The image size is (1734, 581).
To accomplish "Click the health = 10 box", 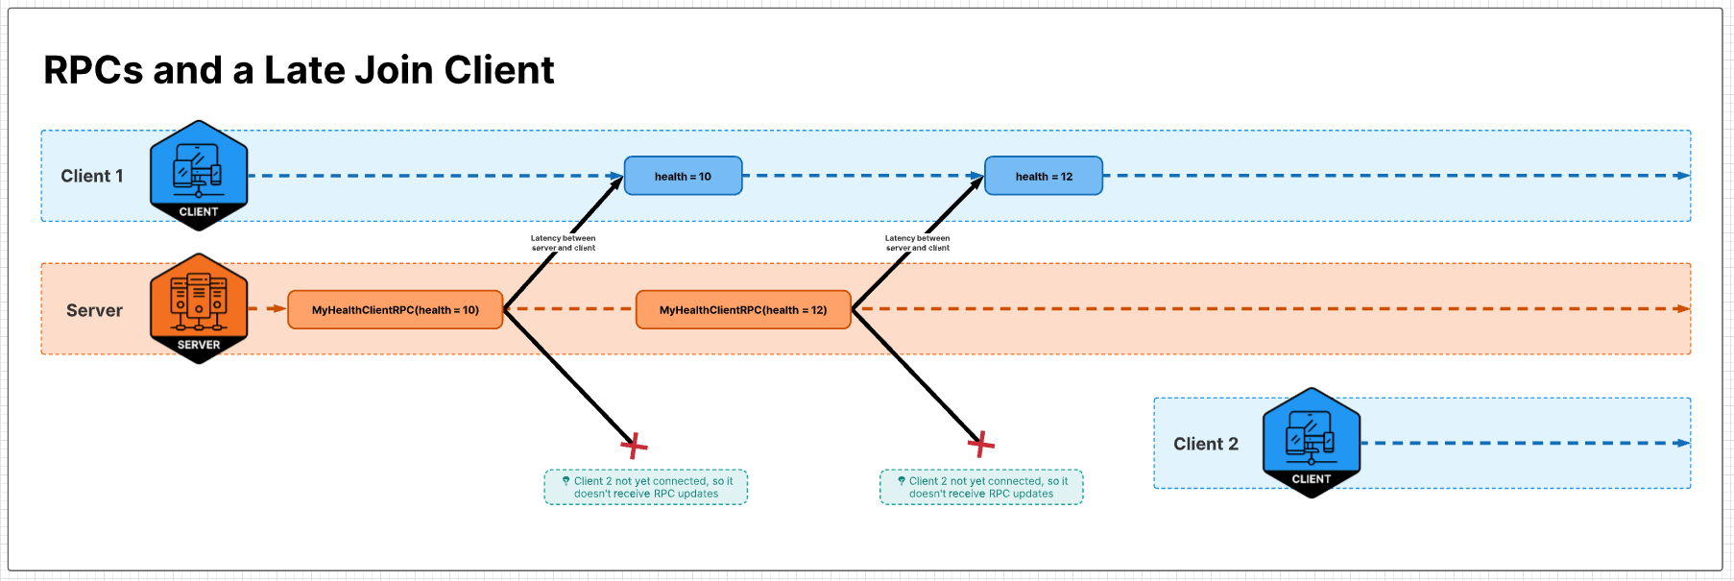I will coord(683,176).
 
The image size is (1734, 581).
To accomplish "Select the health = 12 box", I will coord(1044,176).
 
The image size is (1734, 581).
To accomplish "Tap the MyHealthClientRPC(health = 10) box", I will coord(395,309).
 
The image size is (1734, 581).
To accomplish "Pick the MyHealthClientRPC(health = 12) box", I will coord(743,309).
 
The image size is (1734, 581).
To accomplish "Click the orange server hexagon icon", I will coord(199,307).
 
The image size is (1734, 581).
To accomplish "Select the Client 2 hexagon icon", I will coord(1312,443).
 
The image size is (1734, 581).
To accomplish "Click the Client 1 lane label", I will coord(92,176).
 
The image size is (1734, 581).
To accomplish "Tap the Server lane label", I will coord(94,310).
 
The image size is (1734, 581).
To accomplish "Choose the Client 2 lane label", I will coord(1206,444).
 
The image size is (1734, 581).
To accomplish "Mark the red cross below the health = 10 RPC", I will coord(634,446).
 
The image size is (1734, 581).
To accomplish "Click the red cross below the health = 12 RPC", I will coord(980,444).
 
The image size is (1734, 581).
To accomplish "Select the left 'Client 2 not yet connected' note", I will coord(646,487).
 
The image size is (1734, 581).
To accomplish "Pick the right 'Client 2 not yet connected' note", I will coord(981,487).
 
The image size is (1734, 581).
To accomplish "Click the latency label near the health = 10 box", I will coord(564,243).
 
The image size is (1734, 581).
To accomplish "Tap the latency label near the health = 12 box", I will coord(918,243).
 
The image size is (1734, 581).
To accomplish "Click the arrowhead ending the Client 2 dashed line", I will coord(1682,443).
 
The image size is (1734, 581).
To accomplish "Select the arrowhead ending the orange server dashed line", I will coord(1682,309).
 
